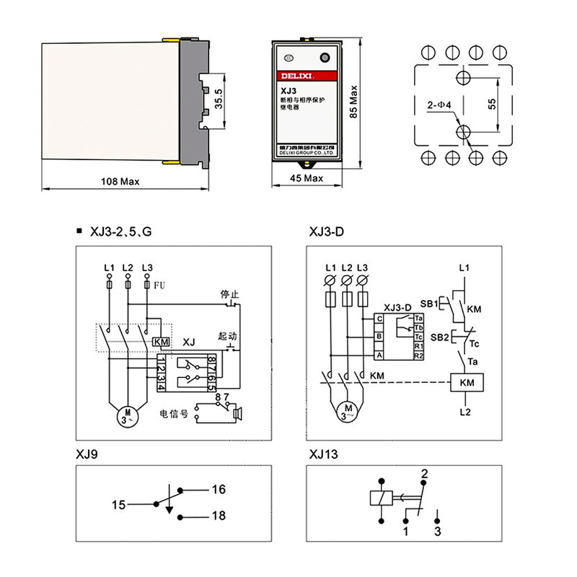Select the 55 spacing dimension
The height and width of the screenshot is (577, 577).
(492, 103)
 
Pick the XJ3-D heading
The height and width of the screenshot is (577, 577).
(327, 232)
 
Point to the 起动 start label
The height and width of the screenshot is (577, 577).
(227, 337)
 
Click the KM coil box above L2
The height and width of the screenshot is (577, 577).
(465, 384)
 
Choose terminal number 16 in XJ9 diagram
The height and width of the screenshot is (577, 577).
(219, 490)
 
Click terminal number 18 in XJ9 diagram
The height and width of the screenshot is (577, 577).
(219, 516)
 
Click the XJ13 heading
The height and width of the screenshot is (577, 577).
(323, 454)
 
